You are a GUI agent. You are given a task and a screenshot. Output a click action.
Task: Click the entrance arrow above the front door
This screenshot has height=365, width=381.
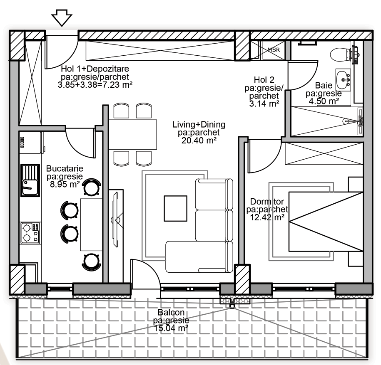point(62,18)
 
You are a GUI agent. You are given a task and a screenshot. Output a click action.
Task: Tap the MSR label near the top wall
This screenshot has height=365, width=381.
point(274,50)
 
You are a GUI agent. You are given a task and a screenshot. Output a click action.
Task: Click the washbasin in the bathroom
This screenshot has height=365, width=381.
point(343,79)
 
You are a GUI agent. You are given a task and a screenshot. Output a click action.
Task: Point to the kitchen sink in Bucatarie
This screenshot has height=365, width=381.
point(30,180)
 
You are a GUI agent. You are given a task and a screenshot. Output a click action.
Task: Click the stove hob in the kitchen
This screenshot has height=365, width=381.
point(30,233)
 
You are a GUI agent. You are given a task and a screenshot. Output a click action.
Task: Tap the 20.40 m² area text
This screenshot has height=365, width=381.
point(199,140)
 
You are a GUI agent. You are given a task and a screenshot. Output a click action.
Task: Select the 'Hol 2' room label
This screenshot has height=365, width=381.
point(264,79)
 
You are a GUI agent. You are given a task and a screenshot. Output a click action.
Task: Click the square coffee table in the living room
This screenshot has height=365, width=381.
point(175,208)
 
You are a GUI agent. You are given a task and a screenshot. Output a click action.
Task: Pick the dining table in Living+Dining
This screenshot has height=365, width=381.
point(133,134)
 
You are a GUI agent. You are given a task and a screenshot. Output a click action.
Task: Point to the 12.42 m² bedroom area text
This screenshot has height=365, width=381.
point(267,217)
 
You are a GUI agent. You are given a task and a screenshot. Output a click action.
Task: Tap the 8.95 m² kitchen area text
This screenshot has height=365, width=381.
point(65,184)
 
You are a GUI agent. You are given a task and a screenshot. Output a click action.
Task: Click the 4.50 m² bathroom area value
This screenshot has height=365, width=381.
point(324,101)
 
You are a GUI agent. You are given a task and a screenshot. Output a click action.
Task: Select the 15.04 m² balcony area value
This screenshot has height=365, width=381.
point(171,328)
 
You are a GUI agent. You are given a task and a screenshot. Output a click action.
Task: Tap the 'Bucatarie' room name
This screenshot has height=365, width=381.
point(65,168)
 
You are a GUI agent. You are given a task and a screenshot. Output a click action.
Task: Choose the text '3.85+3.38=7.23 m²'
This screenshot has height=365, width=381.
point(95,85)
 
